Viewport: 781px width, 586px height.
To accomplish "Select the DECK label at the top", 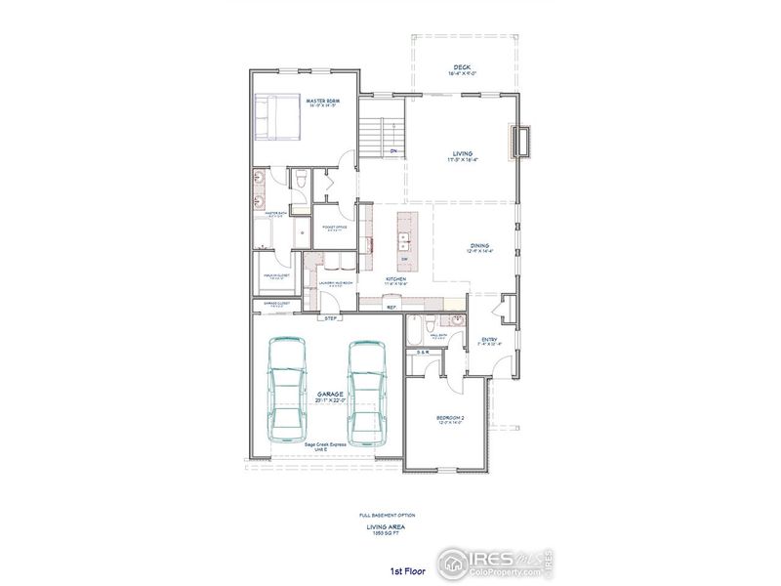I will (462, 66).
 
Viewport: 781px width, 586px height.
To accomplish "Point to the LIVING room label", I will (462, 153).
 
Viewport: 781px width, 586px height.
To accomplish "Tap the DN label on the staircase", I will (392, 151).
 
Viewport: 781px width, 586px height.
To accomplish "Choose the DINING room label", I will (478, 246).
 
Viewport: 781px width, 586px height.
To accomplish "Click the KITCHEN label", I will (394, 278).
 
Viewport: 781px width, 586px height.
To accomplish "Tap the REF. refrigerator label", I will (391, 308).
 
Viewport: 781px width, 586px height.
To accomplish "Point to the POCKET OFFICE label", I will (335, 228).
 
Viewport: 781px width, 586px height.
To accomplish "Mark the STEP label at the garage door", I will (331, 318).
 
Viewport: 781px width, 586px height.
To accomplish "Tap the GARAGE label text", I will (329, 394).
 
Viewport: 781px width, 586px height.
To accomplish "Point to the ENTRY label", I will (490, 340).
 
